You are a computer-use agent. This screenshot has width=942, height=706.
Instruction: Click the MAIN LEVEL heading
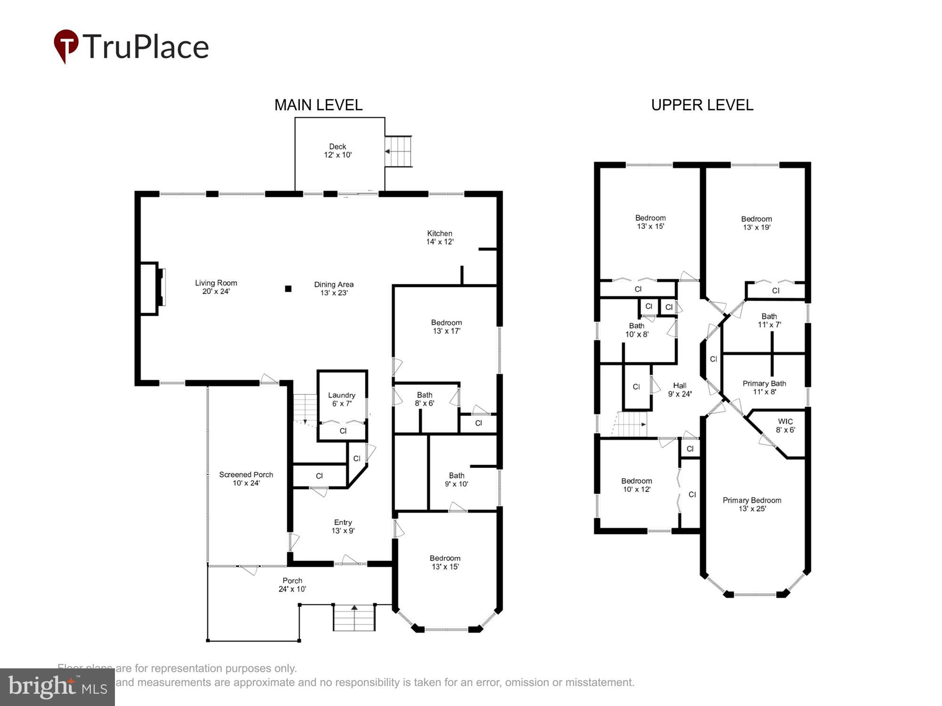(318, 105)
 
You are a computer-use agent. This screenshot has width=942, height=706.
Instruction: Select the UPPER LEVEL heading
(702, 105)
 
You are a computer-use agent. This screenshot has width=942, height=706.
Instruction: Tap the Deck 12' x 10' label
(338, 151)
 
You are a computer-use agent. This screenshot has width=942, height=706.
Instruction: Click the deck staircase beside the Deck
(398, 151)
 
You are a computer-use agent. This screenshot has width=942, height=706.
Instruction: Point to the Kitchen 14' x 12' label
(439, 237)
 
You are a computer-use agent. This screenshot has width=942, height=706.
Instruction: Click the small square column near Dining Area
(288, 289)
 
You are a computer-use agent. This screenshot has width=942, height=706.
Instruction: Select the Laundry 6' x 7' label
(341, 399)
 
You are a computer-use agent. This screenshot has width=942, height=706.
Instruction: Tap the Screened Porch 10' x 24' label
(246, 478)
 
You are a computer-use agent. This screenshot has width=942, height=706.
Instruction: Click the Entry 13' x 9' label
(343, 526)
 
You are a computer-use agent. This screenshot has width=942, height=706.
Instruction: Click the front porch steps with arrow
(354, 617)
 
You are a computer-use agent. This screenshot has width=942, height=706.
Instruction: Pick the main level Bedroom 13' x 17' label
(446, 326)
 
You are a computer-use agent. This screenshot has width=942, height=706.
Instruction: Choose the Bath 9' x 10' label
(456, 479)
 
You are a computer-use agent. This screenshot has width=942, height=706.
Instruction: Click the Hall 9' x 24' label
(679, 389)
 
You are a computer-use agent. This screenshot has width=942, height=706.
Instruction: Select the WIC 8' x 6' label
(785, 425)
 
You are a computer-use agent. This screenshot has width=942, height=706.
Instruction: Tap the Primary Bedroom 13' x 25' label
(752, 504)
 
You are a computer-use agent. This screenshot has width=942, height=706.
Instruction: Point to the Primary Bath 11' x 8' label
(764, 387)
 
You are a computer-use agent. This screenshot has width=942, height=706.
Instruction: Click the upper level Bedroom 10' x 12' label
(636, 485)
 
